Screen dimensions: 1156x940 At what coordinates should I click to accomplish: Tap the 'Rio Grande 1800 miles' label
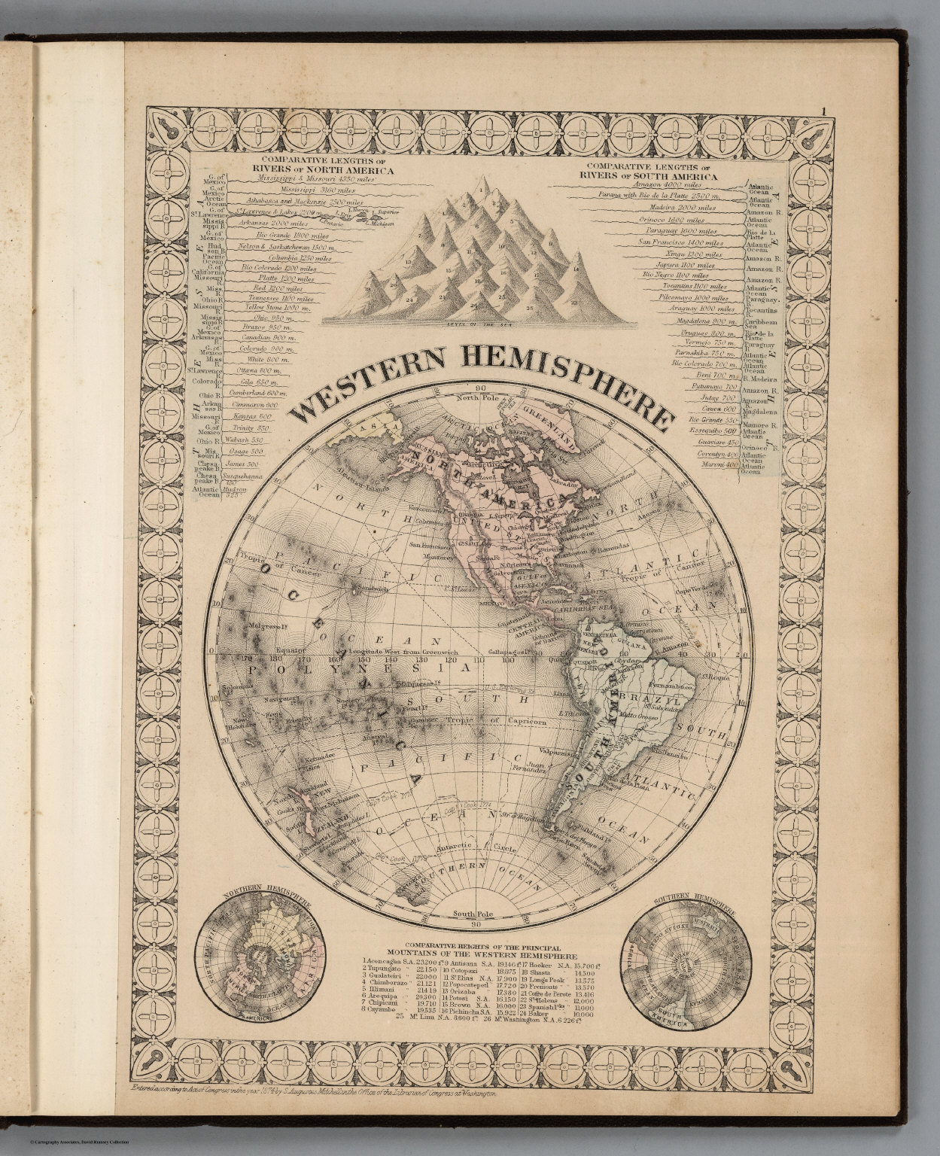coord(280,236)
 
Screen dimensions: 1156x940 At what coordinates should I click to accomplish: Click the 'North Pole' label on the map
coord(476,397)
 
